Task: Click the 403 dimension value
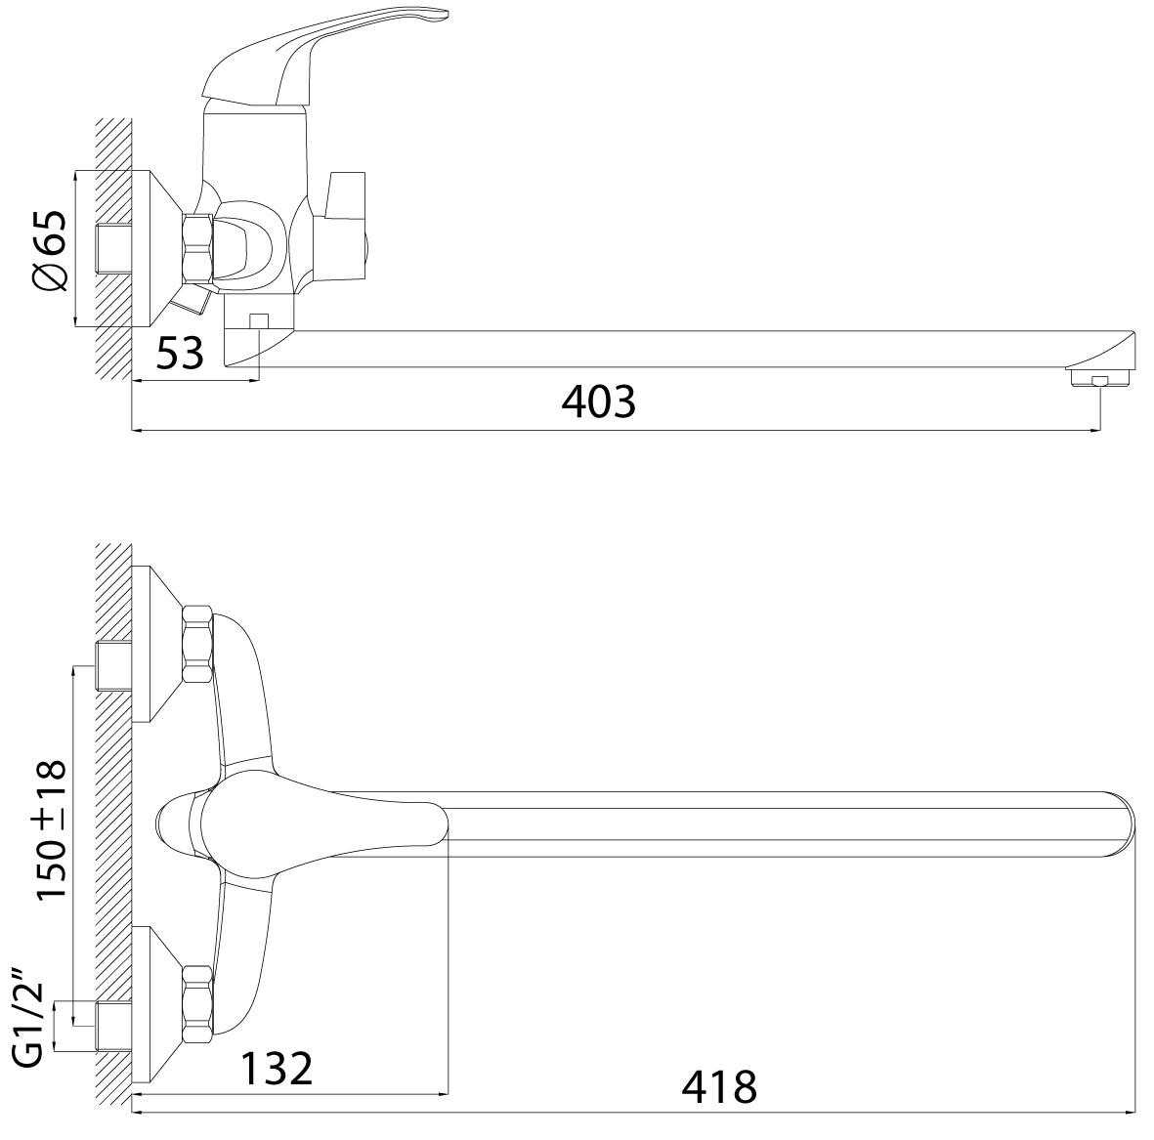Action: click(598, 401)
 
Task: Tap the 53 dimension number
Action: click(180, 353)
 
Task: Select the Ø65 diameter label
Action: click(49, 249)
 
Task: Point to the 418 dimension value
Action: click(719, 1087)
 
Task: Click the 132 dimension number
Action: click(277, 1068)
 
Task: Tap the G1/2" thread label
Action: click(29, 1023)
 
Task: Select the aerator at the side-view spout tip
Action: click(1100, 378)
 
